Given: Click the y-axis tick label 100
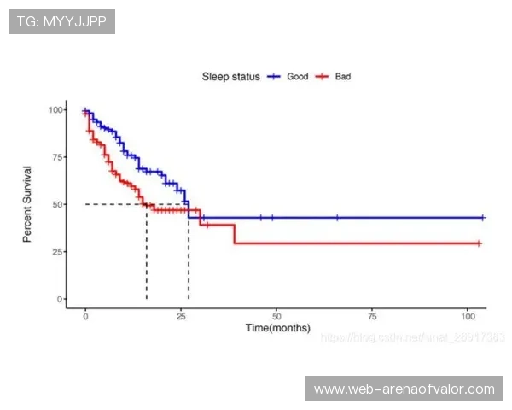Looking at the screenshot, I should [x=56, y=109].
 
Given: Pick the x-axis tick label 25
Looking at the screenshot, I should [x=181, y=316].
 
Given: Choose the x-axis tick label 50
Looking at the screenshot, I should [x=276, y=316].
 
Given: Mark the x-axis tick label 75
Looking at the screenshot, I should [x=372, y=316].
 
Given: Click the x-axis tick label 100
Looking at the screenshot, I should [x=467, y=316].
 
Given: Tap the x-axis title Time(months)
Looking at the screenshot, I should [x=278, y=328].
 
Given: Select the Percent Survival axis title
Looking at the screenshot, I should [x=27, y=204].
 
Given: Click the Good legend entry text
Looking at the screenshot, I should [x=298, y=77].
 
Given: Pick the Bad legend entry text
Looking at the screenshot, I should [x=343, y=77].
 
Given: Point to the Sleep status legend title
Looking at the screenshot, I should [x=230, y=77].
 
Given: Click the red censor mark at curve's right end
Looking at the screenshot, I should [x=479, y=243].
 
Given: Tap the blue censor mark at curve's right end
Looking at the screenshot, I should [x=483, y=218].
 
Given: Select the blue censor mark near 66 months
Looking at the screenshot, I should [x=337, y=218].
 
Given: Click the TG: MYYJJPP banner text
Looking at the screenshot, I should [x=61, y=21].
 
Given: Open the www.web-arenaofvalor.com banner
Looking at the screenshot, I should [x=404, y=389].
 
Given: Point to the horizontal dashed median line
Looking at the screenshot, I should [x=115, y=204].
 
